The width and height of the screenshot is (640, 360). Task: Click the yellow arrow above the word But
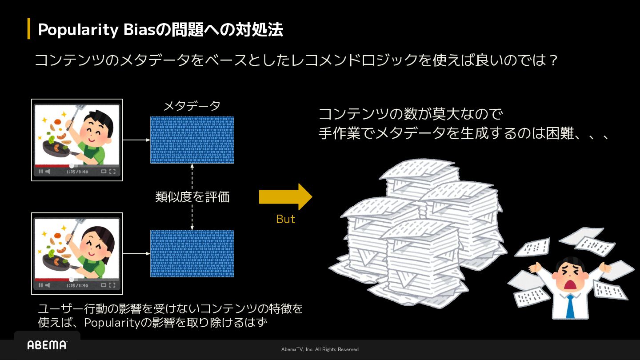[x=285, y=196]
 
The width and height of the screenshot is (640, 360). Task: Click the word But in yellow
[x=285, y=219]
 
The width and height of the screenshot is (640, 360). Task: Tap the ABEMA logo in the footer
[x=47, y=345]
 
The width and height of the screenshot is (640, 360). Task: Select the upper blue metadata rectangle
[x=192, y=140]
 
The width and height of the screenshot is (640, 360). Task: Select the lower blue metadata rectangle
[x=192, y=254]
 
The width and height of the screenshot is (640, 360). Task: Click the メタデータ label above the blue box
[x=192, y=106]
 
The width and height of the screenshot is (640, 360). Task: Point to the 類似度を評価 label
[x=192, y=197]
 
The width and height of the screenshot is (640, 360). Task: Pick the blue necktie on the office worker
[x=570, y=307]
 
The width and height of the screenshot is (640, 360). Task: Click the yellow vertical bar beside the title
[x=29, y=29]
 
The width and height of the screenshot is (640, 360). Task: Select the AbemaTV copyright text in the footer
[x=320, y=349]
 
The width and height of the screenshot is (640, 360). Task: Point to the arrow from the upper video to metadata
[x=136, y=140]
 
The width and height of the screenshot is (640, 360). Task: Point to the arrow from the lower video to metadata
[x=136, y=254]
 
